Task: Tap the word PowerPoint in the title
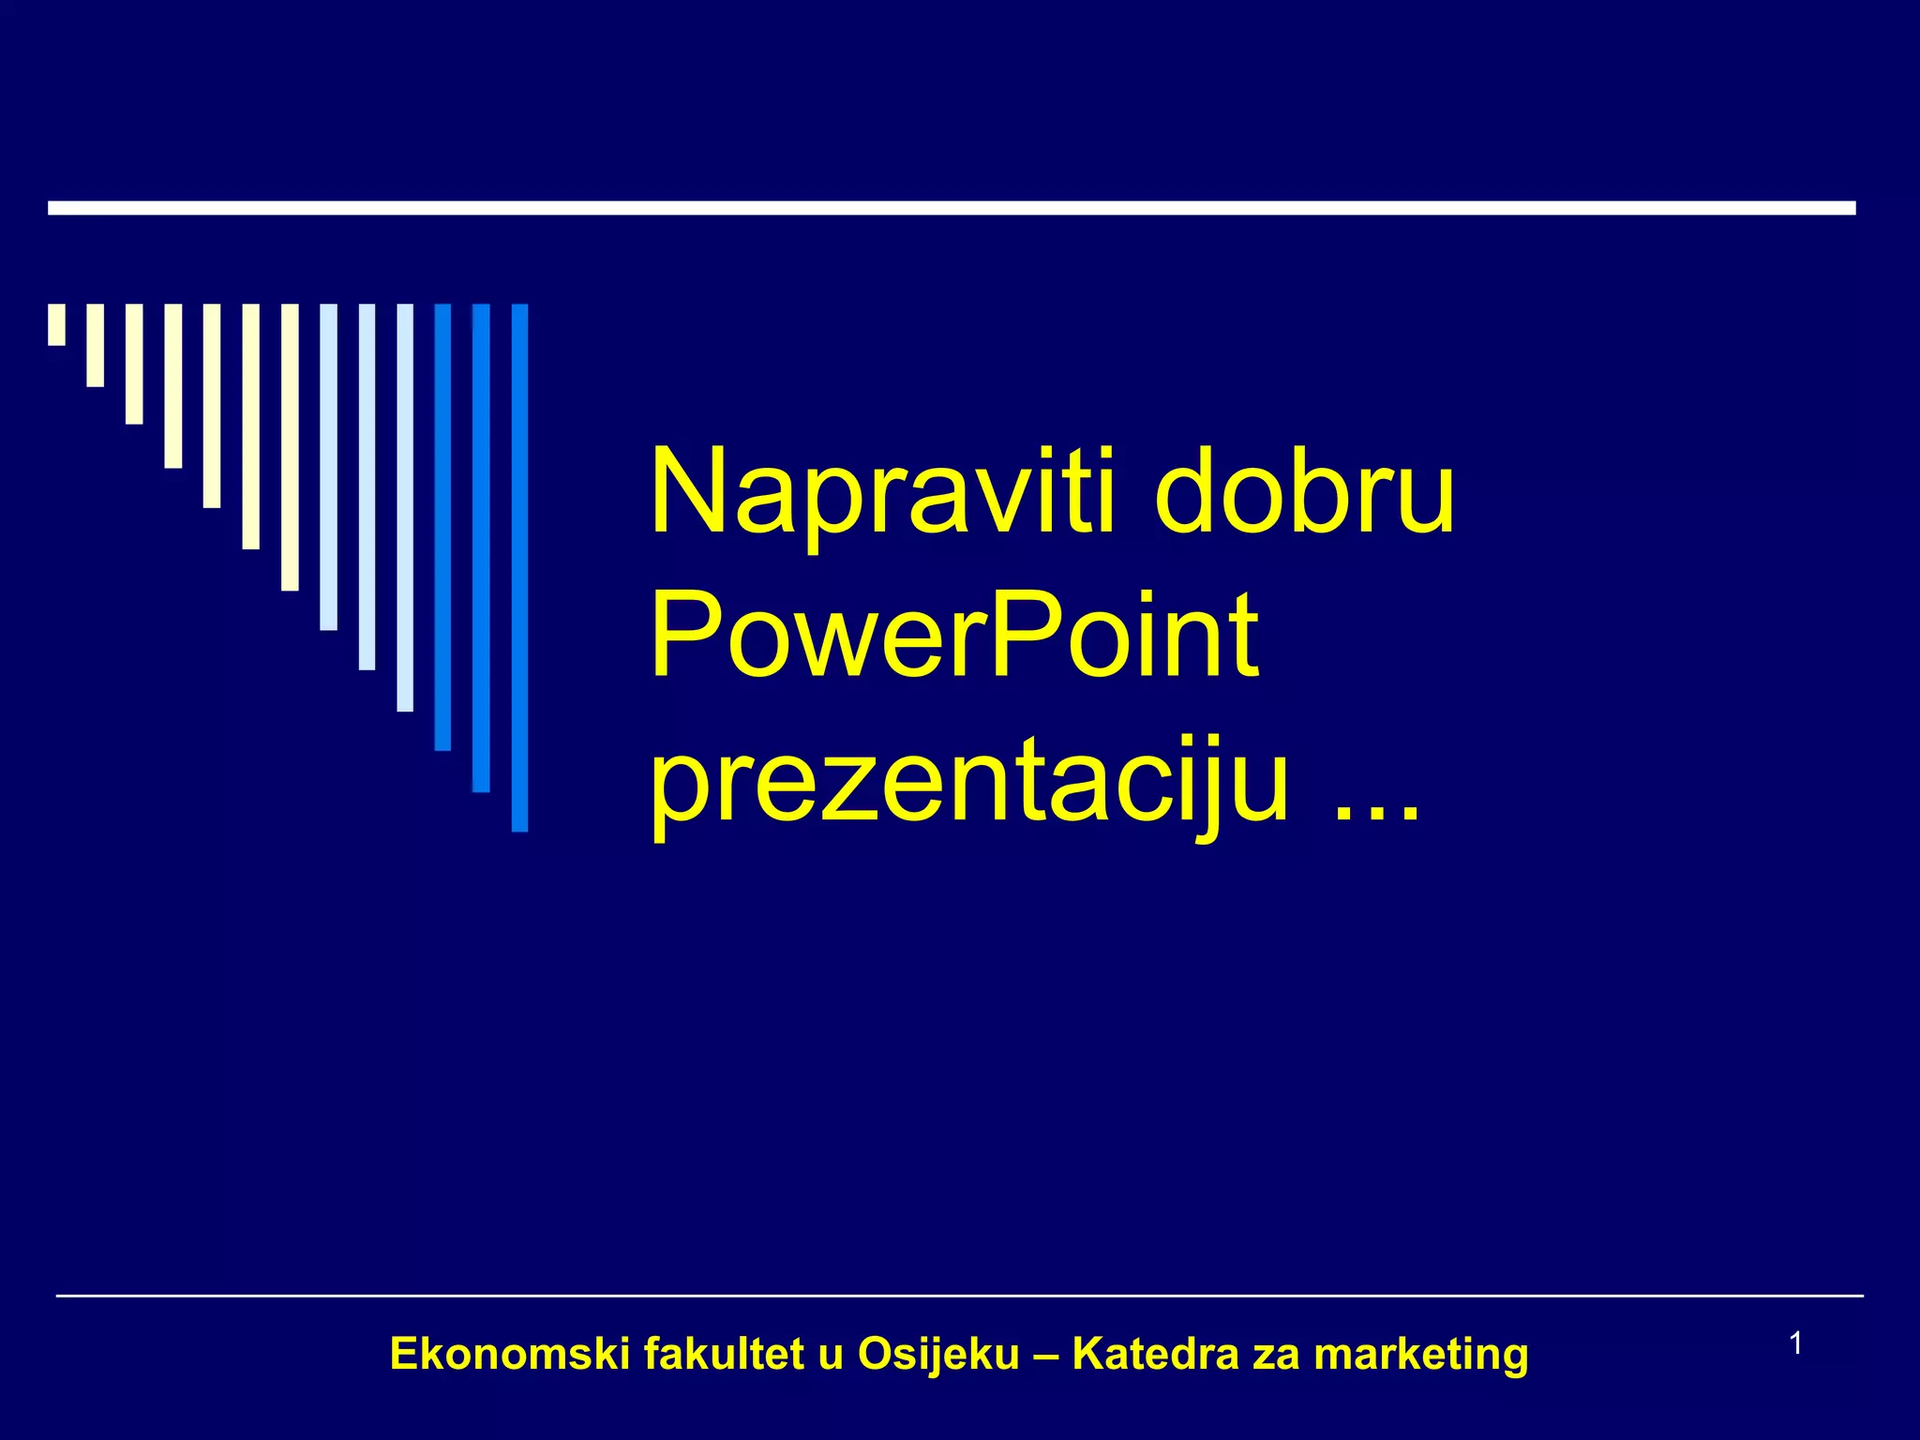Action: click(953, 636)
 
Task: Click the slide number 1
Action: click(1796, 1343)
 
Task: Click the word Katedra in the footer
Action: click(1155, 1355)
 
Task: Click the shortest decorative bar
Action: click(57, 324)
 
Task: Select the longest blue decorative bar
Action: click(519, 567)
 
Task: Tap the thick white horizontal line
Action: click(952, 208)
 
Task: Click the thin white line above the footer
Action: click(959, 1296)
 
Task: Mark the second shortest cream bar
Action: click(95, 345)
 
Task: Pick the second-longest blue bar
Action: click(481, 547)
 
